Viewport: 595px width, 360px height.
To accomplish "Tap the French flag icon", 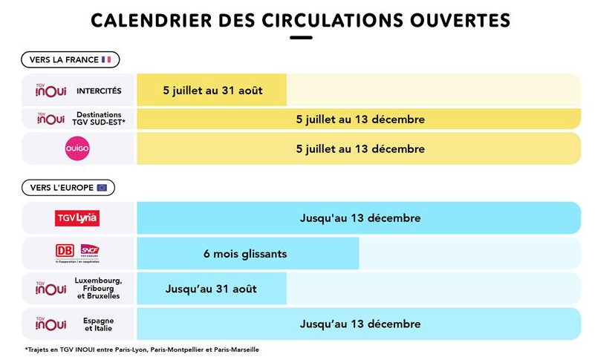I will [106, 59].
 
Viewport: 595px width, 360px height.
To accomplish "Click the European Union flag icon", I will [102, 188].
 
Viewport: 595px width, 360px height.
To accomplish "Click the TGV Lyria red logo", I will [77, 218].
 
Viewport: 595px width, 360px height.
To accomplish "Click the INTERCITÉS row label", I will [99, 91].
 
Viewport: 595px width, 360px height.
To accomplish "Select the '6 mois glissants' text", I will [245, 254].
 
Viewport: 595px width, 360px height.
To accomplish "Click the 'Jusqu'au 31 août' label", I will [211, 289].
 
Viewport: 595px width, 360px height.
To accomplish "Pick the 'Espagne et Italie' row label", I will [99, 324].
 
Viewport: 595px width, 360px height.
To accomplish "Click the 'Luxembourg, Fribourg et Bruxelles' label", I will [99, 288].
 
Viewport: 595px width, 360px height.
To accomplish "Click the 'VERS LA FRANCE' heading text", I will [64, 59].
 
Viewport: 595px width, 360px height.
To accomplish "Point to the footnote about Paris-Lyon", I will [141, 349].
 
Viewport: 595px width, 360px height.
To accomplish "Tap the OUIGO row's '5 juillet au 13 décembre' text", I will [360, 148].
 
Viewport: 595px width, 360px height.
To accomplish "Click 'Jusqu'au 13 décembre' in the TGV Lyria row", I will [360, 218].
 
